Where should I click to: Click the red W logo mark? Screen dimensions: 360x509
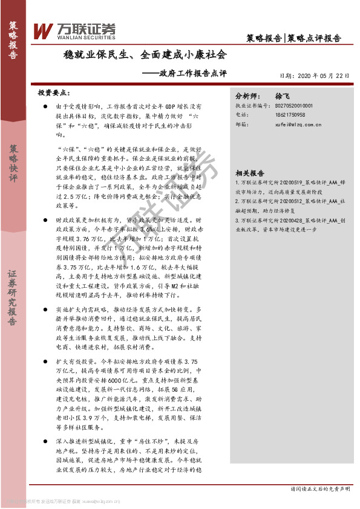[x=42, y=31]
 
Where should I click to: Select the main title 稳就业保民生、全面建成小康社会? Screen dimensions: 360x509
[x=146, y=55]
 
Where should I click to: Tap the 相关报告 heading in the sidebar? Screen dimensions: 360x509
[x=249, y=171]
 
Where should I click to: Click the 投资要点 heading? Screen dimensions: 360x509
[x=53, y=93]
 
